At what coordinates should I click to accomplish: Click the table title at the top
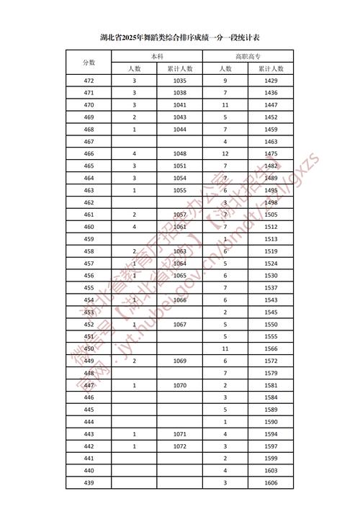(x=180, y=37)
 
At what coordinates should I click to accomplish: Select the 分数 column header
(x=89, y=63)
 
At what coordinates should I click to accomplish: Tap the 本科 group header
(x=157, y=56)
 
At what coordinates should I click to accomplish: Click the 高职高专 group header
(x=248, y=56)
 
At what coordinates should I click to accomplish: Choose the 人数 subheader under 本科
(x=135, y=68)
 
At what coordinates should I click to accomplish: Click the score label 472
(x=89, y=81)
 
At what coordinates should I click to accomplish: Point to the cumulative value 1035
(x=180, y=81)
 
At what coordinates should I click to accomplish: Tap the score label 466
(x=89, y=154)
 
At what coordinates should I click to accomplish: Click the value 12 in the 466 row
(x=225, y=154)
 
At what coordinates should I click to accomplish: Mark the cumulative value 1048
(x=180, y=154)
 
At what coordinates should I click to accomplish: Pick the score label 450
(x=89, y=348)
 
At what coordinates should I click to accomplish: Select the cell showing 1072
(x=180, y=446)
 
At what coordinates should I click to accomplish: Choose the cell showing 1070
(x=180, y=385)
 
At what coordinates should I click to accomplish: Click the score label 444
(x=89, y=422)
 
